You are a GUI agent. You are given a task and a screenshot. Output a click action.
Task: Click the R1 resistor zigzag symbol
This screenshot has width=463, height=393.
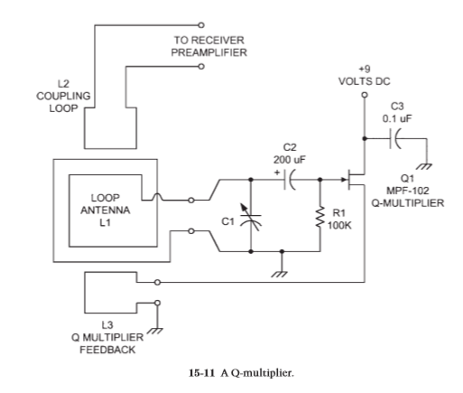[320, 217]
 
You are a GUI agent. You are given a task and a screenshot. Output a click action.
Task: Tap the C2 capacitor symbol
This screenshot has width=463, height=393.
[290, 180]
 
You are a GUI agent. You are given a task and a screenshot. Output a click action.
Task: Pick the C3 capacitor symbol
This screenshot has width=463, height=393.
[395, 139]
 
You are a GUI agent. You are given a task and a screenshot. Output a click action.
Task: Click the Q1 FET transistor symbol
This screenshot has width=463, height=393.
[355, 180]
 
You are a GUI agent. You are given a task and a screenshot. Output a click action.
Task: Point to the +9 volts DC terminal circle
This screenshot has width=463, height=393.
[365, 95]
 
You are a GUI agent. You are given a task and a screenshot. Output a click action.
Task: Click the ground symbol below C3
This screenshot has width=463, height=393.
[424, 166]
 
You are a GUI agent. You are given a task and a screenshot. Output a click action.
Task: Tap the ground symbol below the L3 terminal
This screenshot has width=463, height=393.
[155, 331]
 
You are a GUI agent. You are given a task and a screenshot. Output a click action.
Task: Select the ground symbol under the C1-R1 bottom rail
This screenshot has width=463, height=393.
[280, 274]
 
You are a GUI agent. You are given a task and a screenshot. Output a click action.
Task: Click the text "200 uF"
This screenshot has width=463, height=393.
[289, 160]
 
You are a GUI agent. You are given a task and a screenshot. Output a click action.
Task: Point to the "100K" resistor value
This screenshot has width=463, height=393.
[339, 225]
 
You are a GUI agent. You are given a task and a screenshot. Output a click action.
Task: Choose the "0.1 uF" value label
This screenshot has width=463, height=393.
[397, 118]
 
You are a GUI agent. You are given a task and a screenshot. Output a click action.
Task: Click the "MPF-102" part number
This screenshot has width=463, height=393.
[408, 191]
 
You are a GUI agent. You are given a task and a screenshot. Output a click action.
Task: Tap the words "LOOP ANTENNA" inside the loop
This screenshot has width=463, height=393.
[106, 204]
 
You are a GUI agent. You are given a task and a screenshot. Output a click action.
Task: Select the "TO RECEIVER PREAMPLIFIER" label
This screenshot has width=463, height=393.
[209, 46]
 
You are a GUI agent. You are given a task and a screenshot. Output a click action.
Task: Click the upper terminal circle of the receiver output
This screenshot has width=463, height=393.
[201, 25]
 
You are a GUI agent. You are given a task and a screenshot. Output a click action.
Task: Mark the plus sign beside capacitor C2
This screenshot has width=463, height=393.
[277, 173]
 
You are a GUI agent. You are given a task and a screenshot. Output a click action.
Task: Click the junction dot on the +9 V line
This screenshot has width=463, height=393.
[365, 138]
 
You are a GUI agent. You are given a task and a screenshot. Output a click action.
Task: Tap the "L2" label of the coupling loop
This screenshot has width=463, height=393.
[63, 83]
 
